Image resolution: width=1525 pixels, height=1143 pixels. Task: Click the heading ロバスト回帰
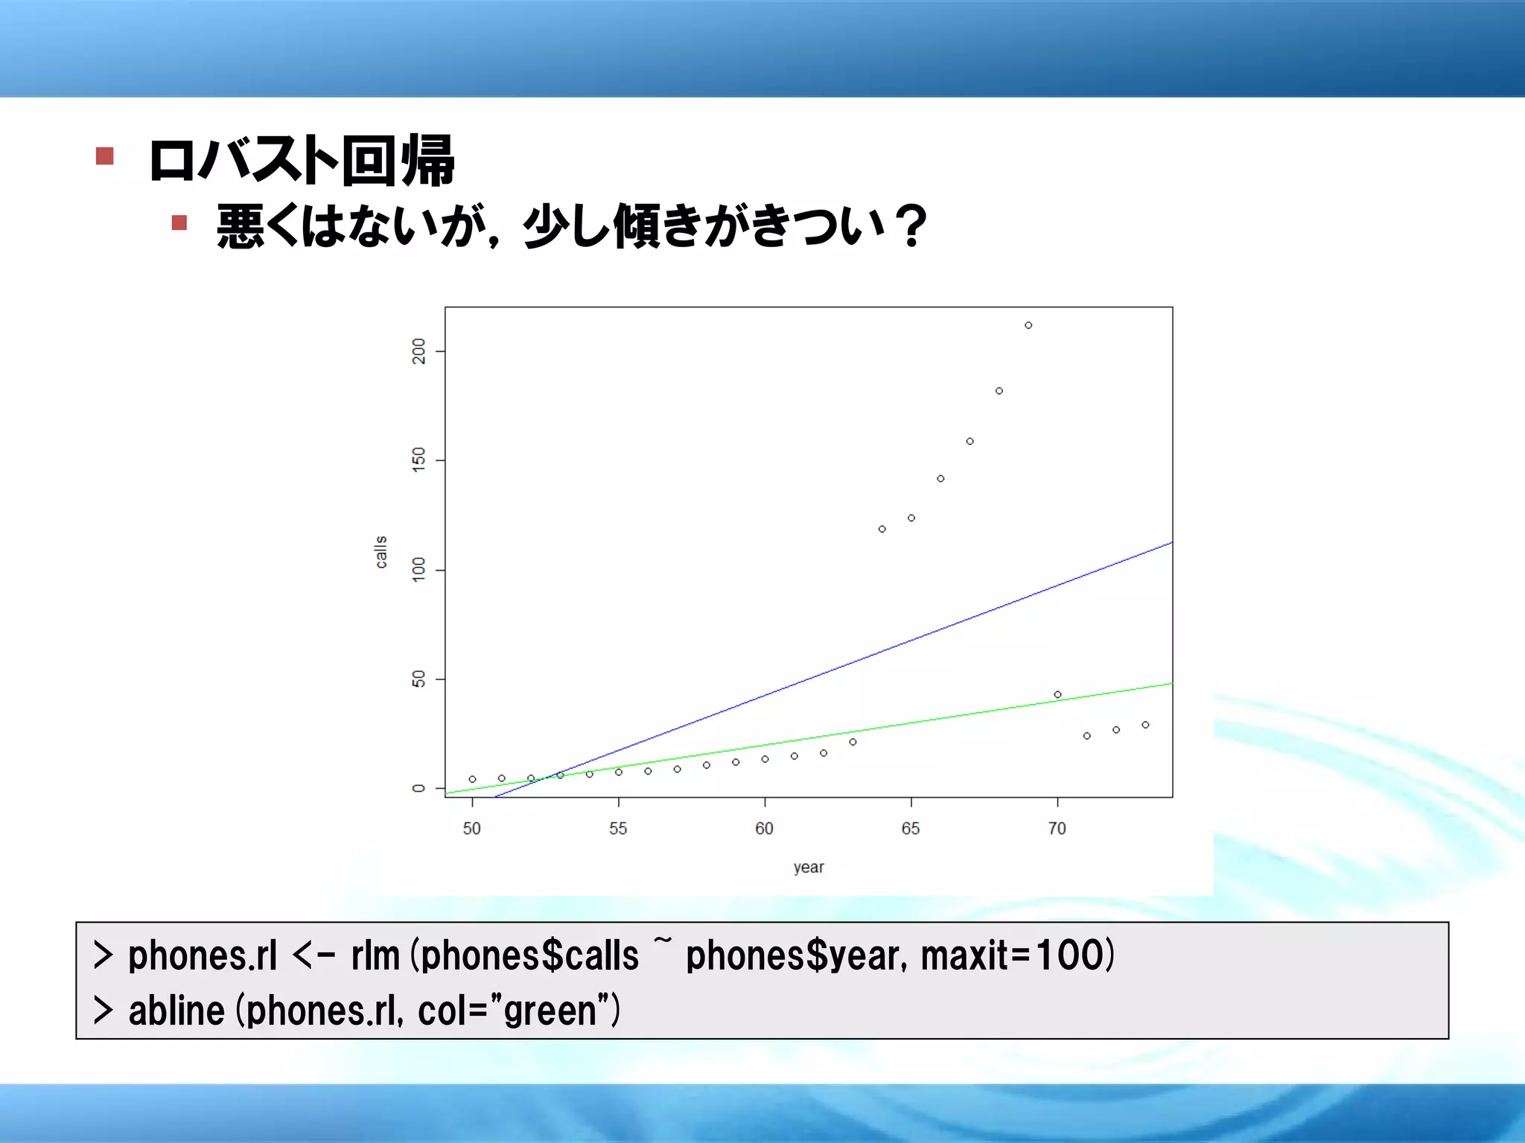click(302, 161)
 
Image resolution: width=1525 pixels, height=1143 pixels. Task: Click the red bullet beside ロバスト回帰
click(105, 156)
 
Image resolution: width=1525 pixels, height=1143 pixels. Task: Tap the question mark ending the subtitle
click(911, 225)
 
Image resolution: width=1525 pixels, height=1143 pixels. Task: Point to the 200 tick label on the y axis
click(418, 351)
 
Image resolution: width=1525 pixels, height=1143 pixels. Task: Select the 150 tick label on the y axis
click(418, 460)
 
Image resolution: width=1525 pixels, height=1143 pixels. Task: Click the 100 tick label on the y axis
click(418, 569)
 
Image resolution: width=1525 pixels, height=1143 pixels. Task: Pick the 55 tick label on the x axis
click(618, 829)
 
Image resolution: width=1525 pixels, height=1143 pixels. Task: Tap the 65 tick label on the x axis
click(911, 829)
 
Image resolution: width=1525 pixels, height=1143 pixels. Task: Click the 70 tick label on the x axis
click(1057, 829)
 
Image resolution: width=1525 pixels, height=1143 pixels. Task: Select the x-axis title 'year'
click(809, 868)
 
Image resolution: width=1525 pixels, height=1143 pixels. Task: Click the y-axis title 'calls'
click(381, 552)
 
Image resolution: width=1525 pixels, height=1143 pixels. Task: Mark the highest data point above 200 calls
click(1028, 325)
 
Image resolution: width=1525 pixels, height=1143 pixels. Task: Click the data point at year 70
click(1057, 694)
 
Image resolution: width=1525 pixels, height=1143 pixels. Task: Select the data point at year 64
click(882, 529)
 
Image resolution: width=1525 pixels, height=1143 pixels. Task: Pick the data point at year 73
click(1145, 725)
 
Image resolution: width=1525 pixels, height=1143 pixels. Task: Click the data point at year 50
click(472, 779)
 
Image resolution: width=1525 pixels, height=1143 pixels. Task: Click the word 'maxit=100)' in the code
click(1017, 955)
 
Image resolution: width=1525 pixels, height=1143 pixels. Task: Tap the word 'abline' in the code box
click(176, 1011)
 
